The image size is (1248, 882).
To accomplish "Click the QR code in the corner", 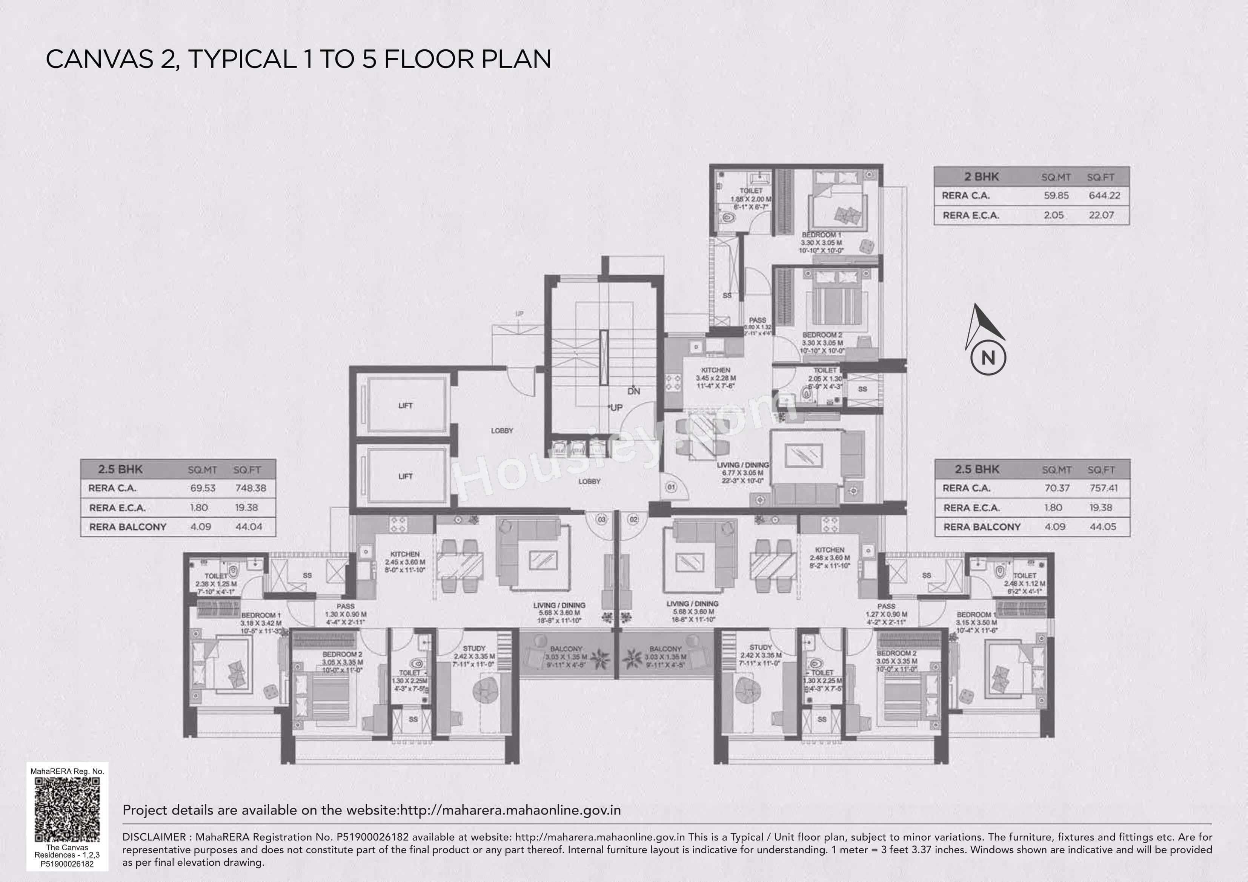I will (x=68, y=809).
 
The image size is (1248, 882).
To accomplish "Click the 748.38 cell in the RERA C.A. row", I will (x=251, y=488).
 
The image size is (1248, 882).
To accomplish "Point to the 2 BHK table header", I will (x=982, y=176).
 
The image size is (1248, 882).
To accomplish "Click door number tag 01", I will (x=671, y=487).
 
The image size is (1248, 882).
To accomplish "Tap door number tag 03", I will (x=601, y=520).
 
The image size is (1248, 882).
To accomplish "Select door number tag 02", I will (x=633, y=520).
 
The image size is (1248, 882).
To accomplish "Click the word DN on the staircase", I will (x=634, y=391).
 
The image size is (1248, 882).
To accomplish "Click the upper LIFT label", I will (x=406, y=405).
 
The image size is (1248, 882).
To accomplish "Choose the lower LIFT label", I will (x=406, y=476).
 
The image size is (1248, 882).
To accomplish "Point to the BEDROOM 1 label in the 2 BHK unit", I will (x=821, y=235).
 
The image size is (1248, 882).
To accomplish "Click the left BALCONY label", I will (x=566, y=649).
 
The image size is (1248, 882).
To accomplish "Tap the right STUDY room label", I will (x=761, y=647).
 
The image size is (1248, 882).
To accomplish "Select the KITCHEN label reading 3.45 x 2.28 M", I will (x=715, y=370).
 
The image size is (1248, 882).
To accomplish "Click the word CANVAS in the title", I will (x=100, y=59).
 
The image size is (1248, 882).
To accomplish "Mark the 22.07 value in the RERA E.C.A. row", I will (x=1101, y=215).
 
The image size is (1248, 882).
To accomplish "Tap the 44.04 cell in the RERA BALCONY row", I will (x=249, y=526).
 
